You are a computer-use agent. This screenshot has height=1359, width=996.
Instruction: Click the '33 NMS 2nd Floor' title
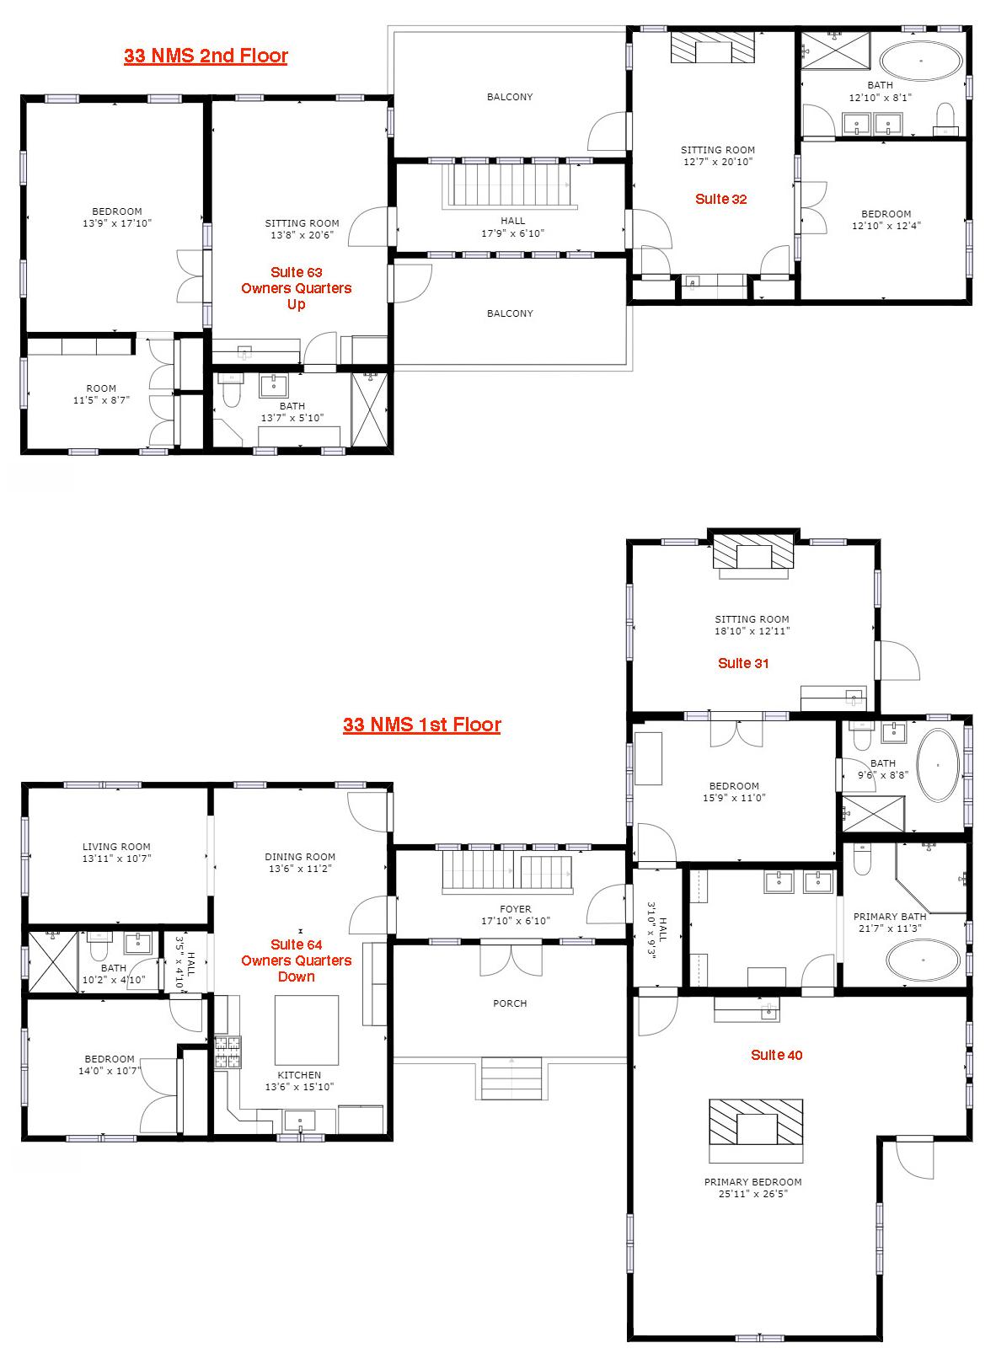[x=206, y=56]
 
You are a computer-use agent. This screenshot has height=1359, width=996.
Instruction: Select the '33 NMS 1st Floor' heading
[x=422, y=725]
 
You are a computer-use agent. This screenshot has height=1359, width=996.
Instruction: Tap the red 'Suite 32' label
[x=721, y=199]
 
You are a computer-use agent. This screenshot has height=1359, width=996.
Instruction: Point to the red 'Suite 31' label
[x=743, y=663]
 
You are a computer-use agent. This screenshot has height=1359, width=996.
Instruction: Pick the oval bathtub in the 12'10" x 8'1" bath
[x=921, y=60]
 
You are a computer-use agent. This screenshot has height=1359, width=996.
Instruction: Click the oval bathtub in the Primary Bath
[x=924, y=960]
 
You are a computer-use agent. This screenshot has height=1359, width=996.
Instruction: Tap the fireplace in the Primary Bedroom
[x=756, y=1132]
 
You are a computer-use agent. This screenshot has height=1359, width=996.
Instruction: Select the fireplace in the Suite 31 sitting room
[x=753, y=556]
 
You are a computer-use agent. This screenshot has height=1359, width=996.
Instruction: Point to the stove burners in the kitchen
[x=228, y=1052]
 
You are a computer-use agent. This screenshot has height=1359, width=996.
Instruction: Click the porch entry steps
[x=511, y=1078]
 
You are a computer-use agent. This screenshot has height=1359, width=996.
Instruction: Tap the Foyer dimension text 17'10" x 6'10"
[x=516, y=921]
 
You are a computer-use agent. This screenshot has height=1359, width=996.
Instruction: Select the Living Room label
[x=116, y=847]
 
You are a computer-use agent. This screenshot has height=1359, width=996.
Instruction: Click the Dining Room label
[x=300, y=857]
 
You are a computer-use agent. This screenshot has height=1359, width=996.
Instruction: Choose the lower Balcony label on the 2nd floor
[x=510, y=313]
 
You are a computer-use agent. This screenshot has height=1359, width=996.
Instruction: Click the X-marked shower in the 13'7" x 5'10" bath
[x=370, y=410]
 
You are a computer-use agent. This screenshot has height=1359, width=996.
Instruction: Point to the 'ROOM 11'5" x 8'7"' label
[x=101, y=394]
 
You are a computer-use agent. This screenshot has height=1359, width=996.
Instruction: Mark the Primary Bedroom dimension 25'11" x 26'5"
[x=753, y=1194]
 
